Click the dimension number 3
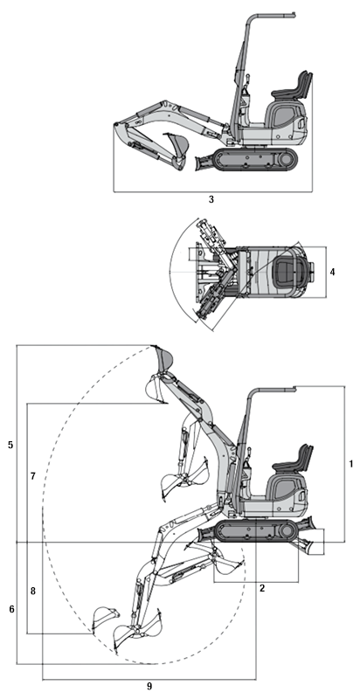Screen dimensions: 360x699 (211, 200)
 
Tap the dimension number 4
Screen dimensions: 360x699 (332, 272)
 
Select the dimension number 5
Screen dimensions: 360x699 (10, 445)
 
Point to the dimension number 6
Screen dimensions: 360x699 (11, 609)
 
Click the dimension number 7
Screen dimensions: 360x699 (32, 476)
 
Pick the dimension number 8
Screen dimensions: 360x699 (32, 592)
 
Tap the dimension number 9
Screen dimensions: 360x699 (149, 687)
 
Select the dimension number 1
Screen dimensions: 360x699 (350, 464)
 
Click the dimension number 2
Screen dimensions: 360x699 (262, 588)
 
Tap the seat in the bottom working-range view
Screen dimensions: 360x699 (295, 461)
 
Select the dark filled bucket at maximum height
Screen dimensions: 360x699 (163, 358)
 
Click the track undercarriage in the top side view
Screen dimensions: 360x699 (255, 160)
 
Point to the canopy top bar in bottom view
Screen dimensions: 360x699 (273, 389)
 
